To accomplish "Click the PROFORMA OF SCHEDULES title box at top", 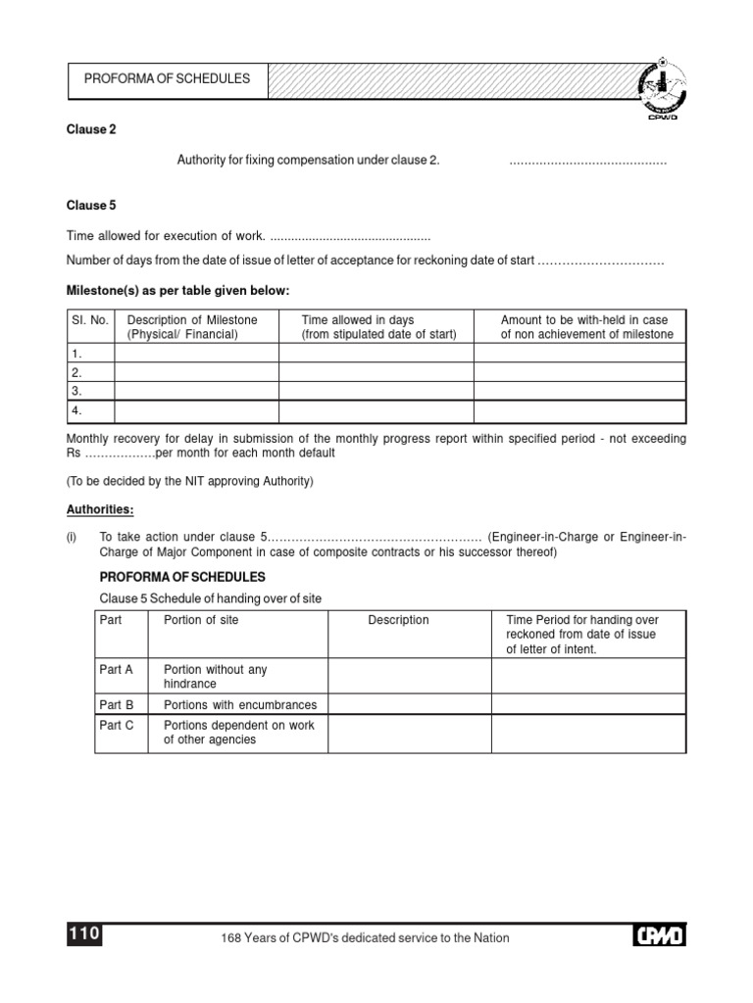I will [x=167, y=79].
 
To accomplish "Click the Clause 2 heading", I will [x=91, y=129].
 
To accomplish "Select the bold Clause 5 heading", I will [x=91, y=206].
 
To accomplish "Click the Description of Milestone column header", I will [x=192, y=327].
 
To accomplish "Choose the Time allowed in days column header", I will [x=378, y=327].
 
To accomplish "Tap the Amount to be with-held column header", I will [x=586, y=327].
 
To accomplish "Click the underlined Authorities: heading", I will [x=100, y=510].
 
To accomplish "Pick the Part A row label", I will [x=117, y=670].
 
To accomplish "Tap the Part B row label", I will [x=117, y=704].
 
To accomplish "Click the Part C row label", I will [x=117, y=726].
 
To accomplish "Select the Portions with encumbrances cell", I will [x=240, y=704].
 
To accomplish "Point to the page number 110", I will [x=84, y=934].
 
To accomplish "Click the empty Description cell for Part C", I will [x=409, y=733].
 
